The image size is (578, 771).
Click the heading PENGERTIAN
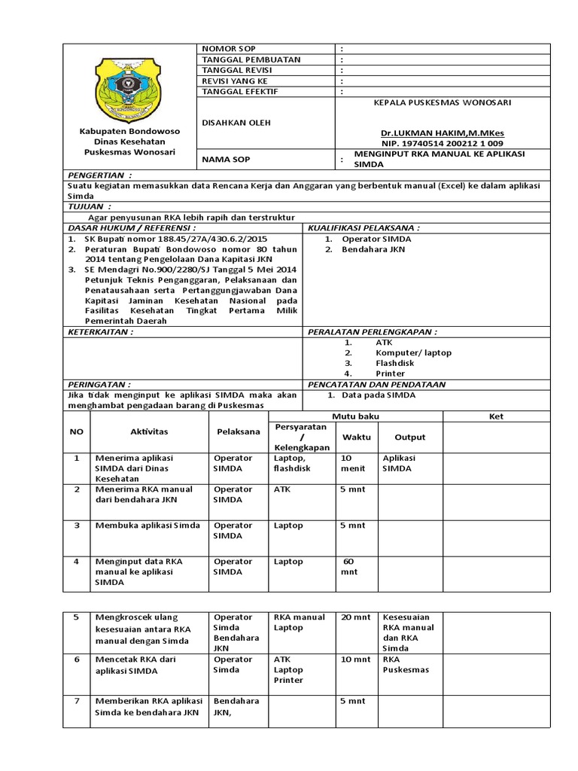99,173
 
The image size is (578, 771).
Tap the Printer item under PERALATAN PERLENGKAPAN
390,373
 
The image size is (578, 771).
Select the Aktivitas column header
150,432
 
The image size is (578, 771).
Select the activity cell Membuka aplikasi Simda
147,526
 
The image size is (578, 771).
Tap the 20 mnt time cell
356,617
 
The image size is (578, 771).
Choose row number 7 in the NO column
75,701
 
